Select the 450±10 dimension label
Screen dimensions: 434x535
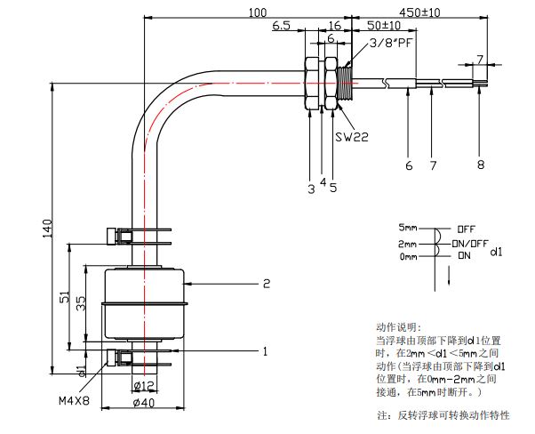pos(421,13)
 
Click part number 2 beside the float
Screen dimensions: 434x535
pos(266,285)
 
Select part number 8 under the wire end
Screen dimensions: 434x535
pos(481,165)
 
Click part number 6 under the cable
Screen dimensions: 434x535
pos(409,165)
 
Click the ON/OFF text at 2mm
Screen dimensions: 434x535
pos(470,243)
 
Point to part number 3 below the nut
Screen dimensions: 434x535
pos(311,188)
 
